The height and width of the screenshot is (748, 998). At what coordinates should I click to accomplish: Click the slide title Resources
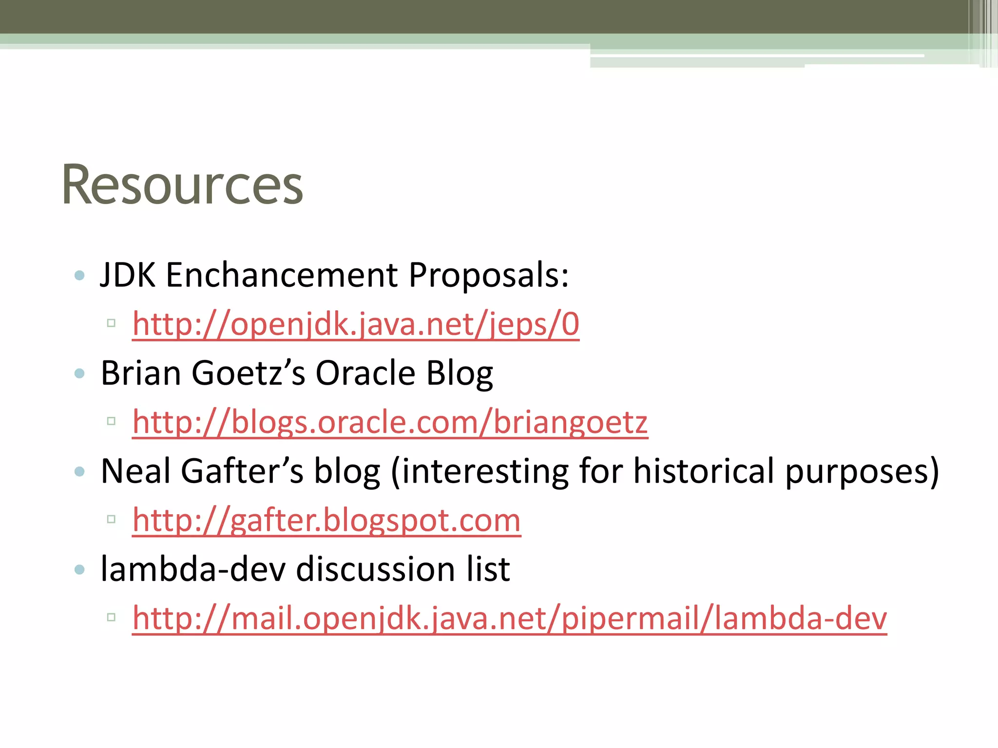(182, 186)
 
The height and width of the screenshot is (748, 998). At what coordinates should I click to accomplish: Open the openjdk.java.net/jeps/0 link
(356, 324)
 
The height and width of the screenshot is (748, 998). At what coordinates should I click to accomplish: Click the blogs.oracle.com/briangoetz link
(390, 422)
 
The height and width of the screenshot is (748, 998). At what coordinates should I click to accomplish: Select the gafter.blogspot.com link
(326, 520)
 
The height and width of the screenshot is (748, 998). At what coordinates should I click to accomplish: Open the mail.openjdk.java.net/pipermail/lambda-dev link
(509, 618)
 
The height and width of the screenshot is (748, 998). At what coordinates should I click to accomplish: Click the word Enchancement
(282, 275)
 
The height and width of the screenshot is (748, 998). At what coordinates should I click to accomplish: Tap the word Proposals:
(488, 275)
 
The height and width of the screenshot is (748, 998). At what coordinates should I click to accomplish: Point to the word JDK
(128, 275)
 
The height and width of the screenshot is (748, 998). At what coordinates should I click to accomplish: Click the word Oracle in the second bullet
(365, 374)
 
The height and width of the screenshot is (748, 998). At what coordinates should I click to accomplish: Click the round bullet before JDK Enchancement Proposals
(80, 276)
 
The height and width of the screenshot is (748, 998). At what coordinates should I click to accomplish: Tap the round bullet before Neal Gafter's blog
(80, 471)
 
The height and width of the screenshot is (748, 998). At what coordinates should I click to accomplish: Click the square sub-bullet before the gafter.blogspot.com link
(111, 519)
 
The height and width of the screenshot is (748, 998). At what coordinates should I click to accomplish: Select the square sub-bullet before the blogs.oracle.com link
(111, 421)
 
